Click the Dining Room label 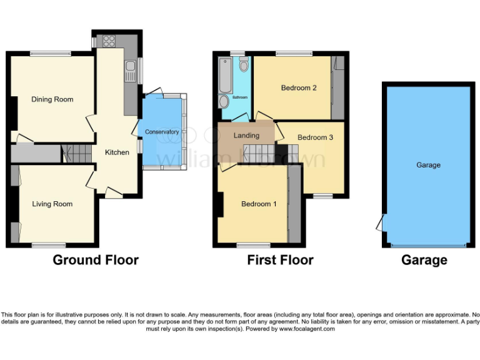click(52, 99)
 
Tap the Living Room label click(52, 204)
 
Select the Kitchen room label click(117, 152)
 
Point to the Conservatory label click(162, 132)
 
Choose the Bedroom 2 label click(298, 88)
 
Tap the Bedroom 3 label click(316, 137)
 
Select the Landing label click(246, 136)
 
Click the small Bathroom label click(241, 97)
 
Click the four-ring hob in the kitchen click(109, 41)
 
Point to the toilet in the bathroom click(243, 64)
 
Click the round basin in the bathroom click(224, 103)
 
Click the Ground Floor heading click(96, 260)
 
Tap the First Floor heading click(280, 260)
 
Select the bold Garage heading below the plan click(424, 260)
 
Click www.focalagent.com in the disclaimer click(307, 329)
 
